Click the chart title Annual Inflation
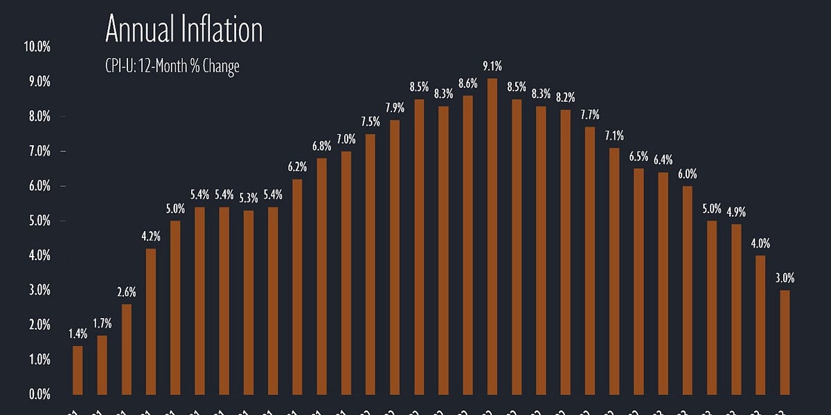click(x=184, y=30)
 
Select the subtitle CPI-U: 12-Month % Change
click(x=172, y=67)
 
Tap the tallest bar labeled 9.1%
click(x=492, y=235)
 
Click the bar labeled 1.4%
click(x=78, y=370)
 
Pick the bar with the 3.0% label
click(x=785, y=342)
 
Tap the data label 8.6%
click(x=468, y=84)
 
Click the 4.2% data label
click(x=151, y=237)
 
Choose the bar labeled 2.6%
click(x=126, y=349)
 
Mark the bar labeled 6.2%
click(x=297, y=287)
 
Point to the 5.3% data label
click(x=249, y=199)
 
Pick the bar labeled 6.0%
click(x=688, y=290)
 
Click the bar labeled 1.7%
click(x=102, y=365)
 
